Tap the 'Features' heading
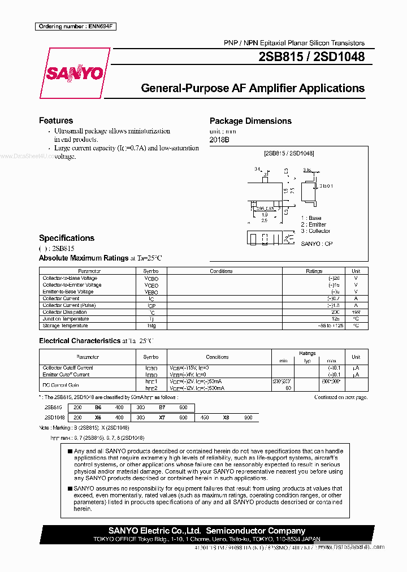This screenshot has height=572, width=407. [x=56, y=120]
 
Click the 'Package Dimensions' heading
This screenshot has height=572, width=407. [x=250, y=121]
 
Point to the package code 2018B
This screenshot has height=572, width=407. [x=219, y=140]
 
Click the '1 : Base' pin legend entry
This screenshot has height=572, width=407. [x=311, y=218]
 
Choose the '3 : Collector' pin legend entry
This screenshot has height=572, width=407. [x=315, y=231]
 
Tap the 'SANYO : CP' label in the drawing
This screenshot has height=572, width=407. [x=317, y=243]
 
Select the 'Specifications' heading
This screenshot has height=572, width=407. [x=67, y=238]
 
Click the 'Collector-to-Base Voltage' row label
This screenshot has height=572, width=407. [x=70, y=278]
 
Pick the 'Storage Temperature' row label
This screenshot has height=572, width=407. [x=65, y=326]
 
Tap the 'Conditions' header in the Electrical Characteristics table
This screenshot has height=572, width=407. [x=217, y=357]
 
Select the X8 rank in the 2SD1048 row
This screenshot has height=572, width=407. [x=226, y=417]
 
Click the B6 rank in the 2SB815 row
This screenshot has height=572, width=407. [x=98, y=407]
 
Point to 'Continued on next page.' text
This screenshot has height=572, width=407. [x=340, y=397]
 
